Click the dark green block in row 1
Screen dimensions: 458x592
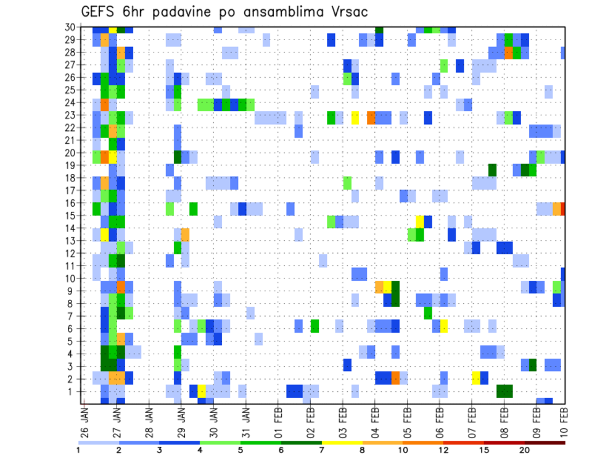pyautogui.click(x=504, y=392)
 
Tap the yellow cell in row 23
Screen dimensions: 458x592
pyautogui.click(x=355, y=117)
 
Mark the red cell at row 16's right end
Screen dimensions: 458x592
pyautogui.click(x=563, y=209)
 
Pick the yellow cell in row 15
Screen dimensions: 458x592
pyautogui.click(x=420, y=221)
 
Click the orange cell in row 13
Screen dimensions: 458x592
pyautogui.click(x=185, y=235)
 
